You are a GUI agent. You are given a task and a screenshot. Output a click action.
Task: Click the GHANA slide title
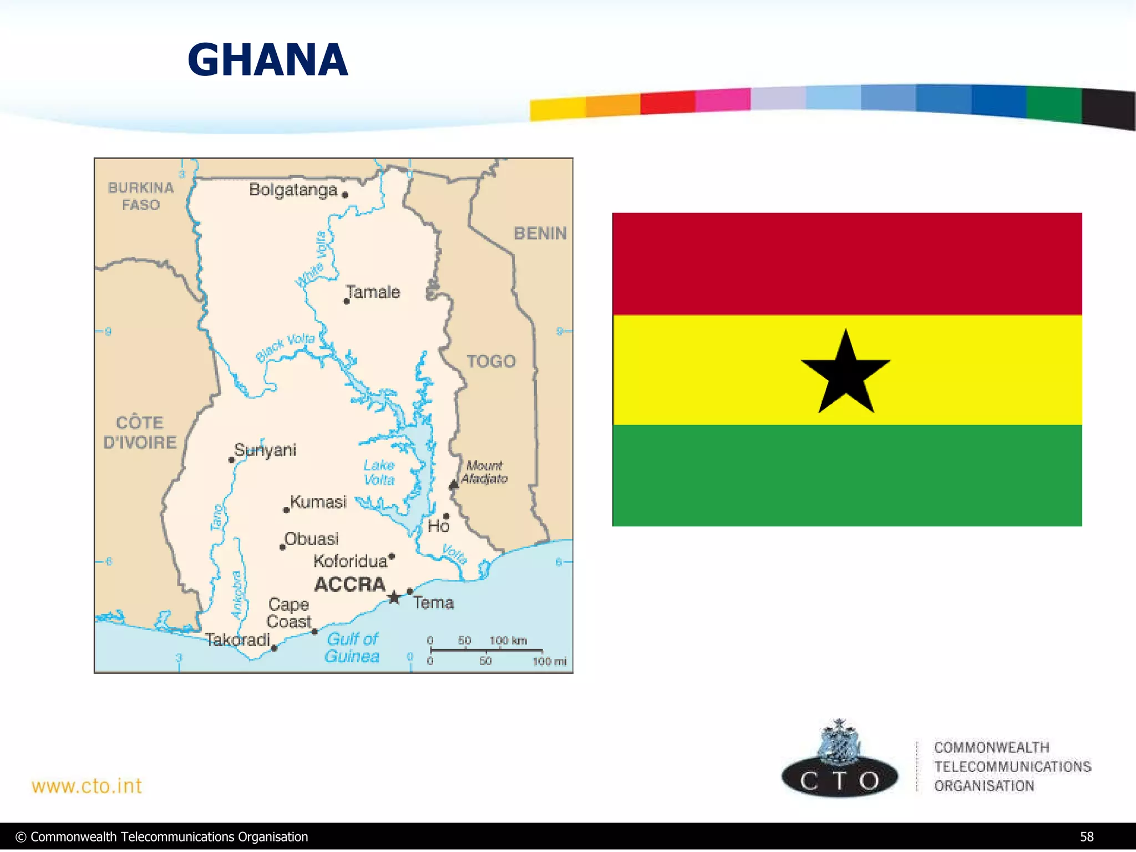[268, 60]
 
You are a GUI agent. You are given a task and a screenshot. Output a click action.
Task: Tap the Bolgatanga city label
[293, 190]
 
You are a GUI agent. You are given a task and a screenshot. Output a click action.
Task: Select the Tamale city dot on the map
[347, 302]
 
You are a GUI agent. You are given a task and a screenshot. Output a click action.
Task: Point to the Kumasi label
[318, 502]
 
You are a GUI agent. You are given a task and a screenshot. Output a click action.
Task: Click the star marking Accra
[394, 597]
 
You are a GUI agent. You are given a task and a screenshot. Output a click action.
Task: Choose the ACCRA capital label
[349, 584]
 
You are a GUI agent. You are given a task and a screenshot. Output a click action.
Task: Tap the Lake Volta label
[379, 472]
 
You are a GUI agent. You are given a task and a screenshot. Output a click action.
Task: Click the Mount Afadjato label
[484, 472]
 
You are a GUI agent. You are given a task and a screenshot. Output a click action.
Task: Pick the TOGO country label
[491, 361]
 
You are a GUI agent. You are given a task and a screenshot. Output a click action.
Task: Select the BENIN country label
[540, 234]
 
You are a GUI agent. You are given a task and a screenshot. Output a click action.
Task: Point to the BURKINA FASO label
[141, 196]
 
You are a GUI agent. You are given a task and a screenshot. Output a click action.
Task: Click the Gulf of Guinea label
[352, 647]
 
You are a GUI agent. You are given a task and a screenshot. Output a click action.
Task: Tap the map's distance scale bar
[486, 650]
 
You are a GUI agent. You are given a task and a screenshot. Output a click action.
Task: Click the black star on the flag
[845, 373]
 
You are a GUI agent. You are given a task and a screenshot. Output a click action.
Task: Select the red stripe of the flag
[847, 263]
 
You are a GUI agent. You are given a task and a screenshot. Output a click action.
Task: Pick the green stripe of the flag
[847, 475]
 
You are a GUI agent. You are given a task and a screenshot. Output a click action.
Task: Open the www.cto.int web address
[87, 786]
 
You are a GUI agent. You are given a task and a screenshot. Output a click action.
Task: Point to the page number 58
[1087, 837]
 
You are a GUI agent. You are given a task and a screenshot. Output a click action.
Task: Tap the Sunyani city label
[265, 450]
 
